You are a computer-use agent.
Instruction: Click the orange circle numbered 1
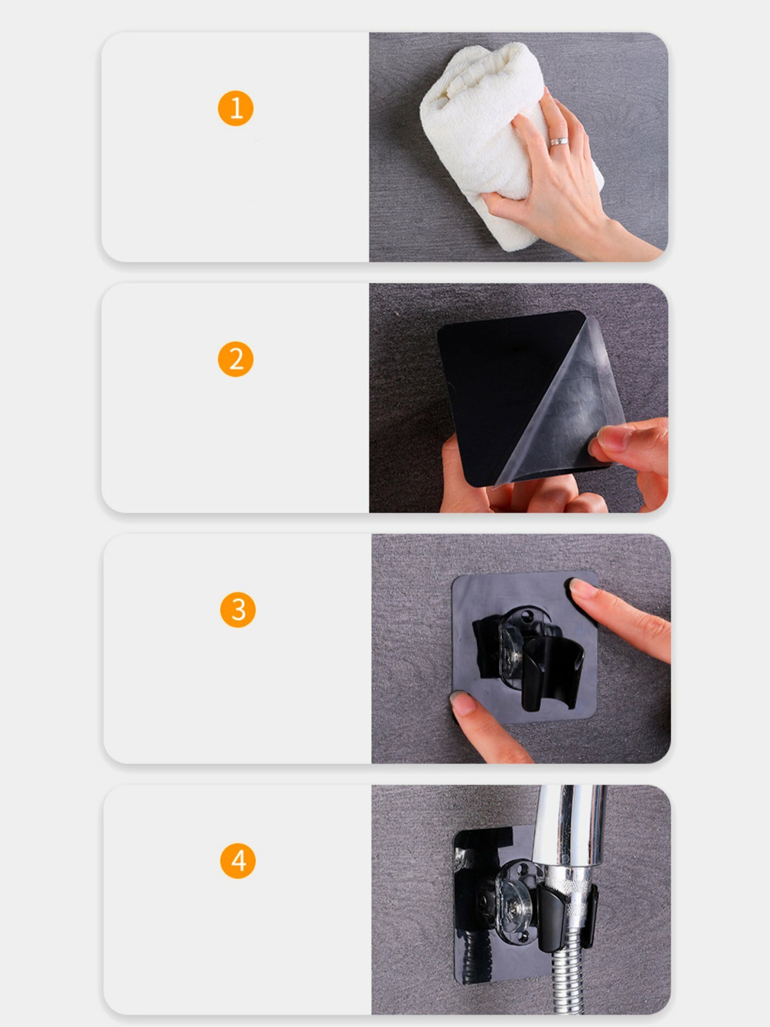coord(235,108)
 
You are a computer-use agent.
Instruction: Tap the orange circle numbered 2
coord(235,359)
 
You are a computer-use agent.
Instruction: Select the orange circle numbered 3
coord(237,610)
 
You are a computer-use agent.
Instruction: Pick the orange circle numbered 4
coord(237,861)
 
